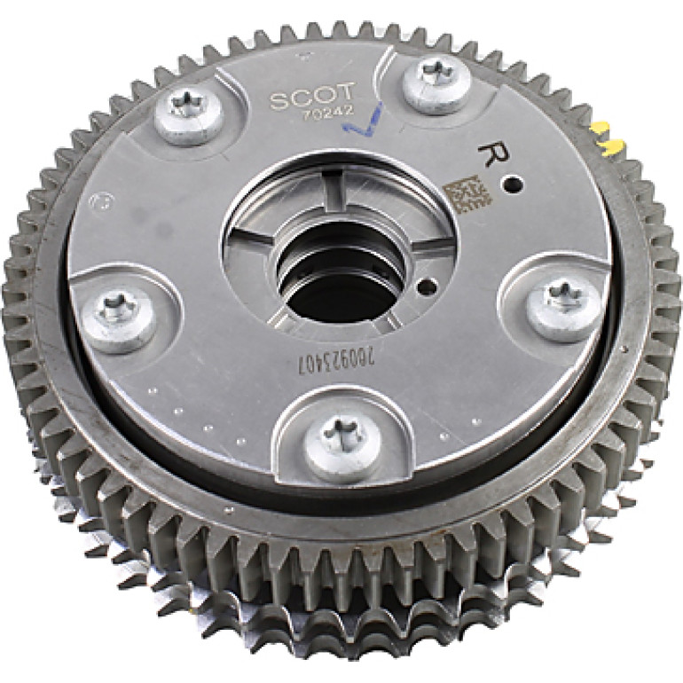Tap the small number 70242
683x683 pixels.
coord(327,112)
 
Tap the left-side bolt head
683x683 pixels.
coord(119,321)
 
